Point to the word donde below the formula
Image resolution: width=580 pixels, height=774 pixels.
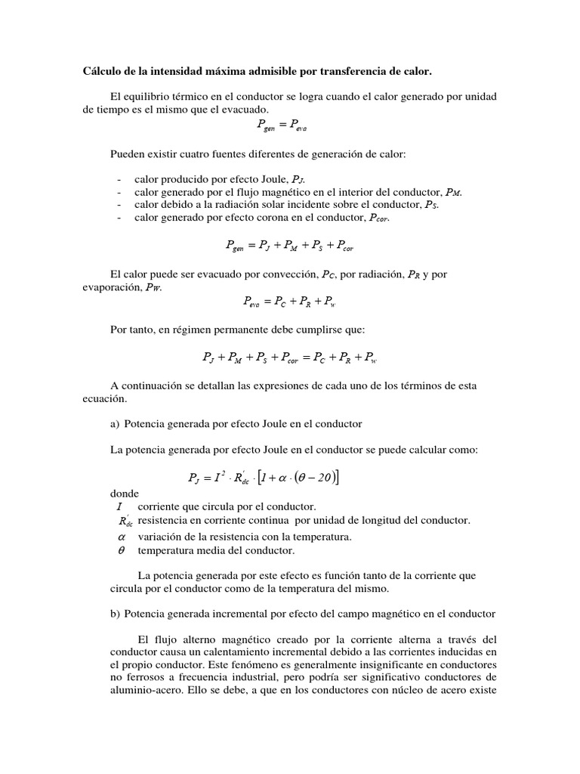point(125,493)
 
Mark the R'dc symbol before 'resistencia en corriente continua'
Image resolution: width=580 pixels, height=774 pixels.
point(125,522)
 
